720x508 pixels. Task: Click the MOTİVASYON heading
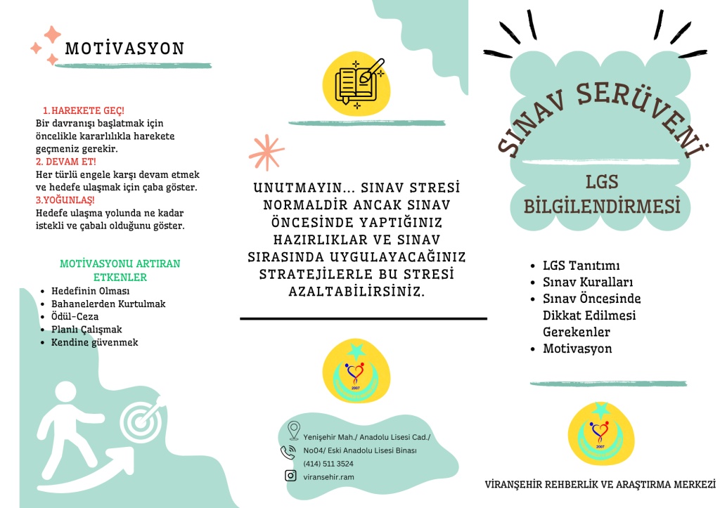pyautogui.click(x=124, y=48)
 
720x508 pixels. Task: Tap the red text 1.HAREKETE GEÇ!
pyautogui.click(x=84, y=111)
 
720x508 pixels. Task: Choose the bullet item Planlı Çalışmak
pyautogui.click(x=86, y=330)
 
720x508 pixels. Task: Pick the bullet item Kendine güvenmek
pyautogui.click(x=94, y=342)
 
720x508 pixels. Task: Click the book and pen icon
pyautogui.click(x=358, y=83)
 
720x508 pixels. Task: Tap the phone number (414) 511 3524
pyautogui.click(x=328, y=464)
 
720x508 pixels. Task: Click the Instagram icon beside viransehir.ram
pyautogui.click(x=290, y=476)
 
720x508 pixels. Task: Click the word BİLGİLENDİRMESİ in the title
pyautogui.click(x=603, y=207)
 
